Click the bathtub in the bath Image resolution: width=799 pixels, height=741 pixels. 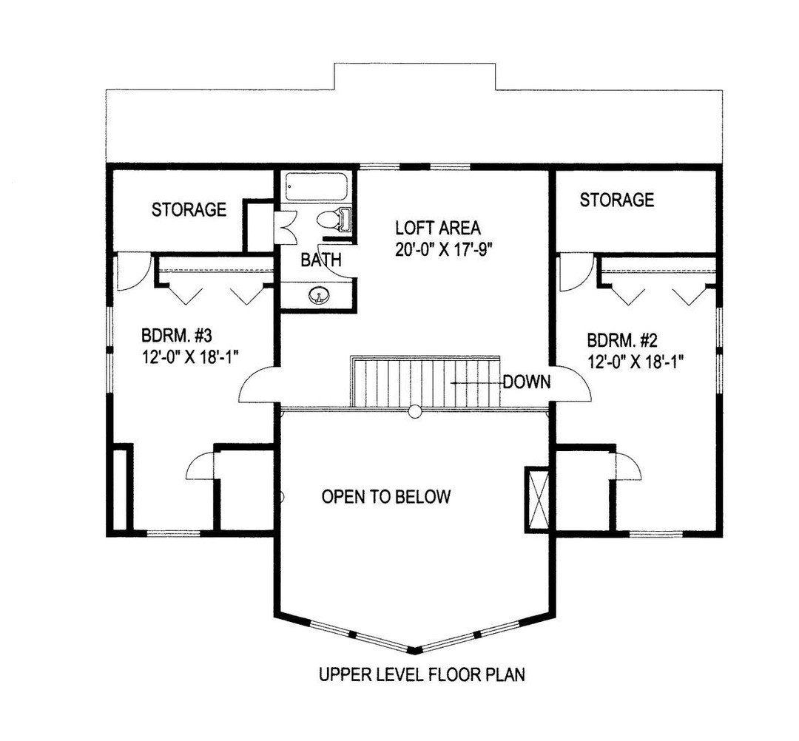tap(316, 186)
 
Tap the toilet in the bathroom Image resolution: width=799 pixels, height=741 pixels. tap(334, 220)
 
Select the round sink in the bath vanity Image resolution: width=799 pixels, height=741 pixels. tap(318, 295)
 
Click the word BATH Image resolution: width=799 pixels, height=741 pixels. tap(320, 260)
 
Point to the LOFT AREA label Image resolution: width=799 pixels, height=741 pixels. tap(438, 227)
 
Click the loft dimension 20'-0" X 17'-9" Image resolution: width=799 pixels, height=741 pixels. tap(445, 249)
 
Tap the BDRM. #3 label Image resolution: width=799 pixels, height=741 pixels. tap(176, 336)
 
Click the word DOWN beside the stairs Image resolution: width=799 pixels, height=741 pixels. tap(527, 382)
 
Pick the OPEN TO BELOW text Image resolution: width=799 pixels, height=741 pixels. tap(386, 496)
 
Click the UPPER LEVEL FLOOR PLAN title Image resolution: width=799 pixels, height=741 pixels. tap(422, 674)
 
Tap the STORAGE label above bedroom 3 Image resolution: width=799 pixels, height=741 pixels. tap(189, 209)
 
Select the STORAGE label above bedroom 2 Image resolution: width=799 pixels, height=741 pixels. tap(616, 200)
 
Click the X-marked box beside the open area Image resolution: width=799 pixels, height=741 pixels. tap(537, 498)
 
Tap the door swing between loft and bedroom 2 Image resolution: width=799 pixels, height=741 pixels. tap(572, 383)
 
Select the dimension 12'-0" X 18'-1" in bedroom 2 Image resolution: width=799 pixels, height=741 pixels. tap(635, 362)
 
